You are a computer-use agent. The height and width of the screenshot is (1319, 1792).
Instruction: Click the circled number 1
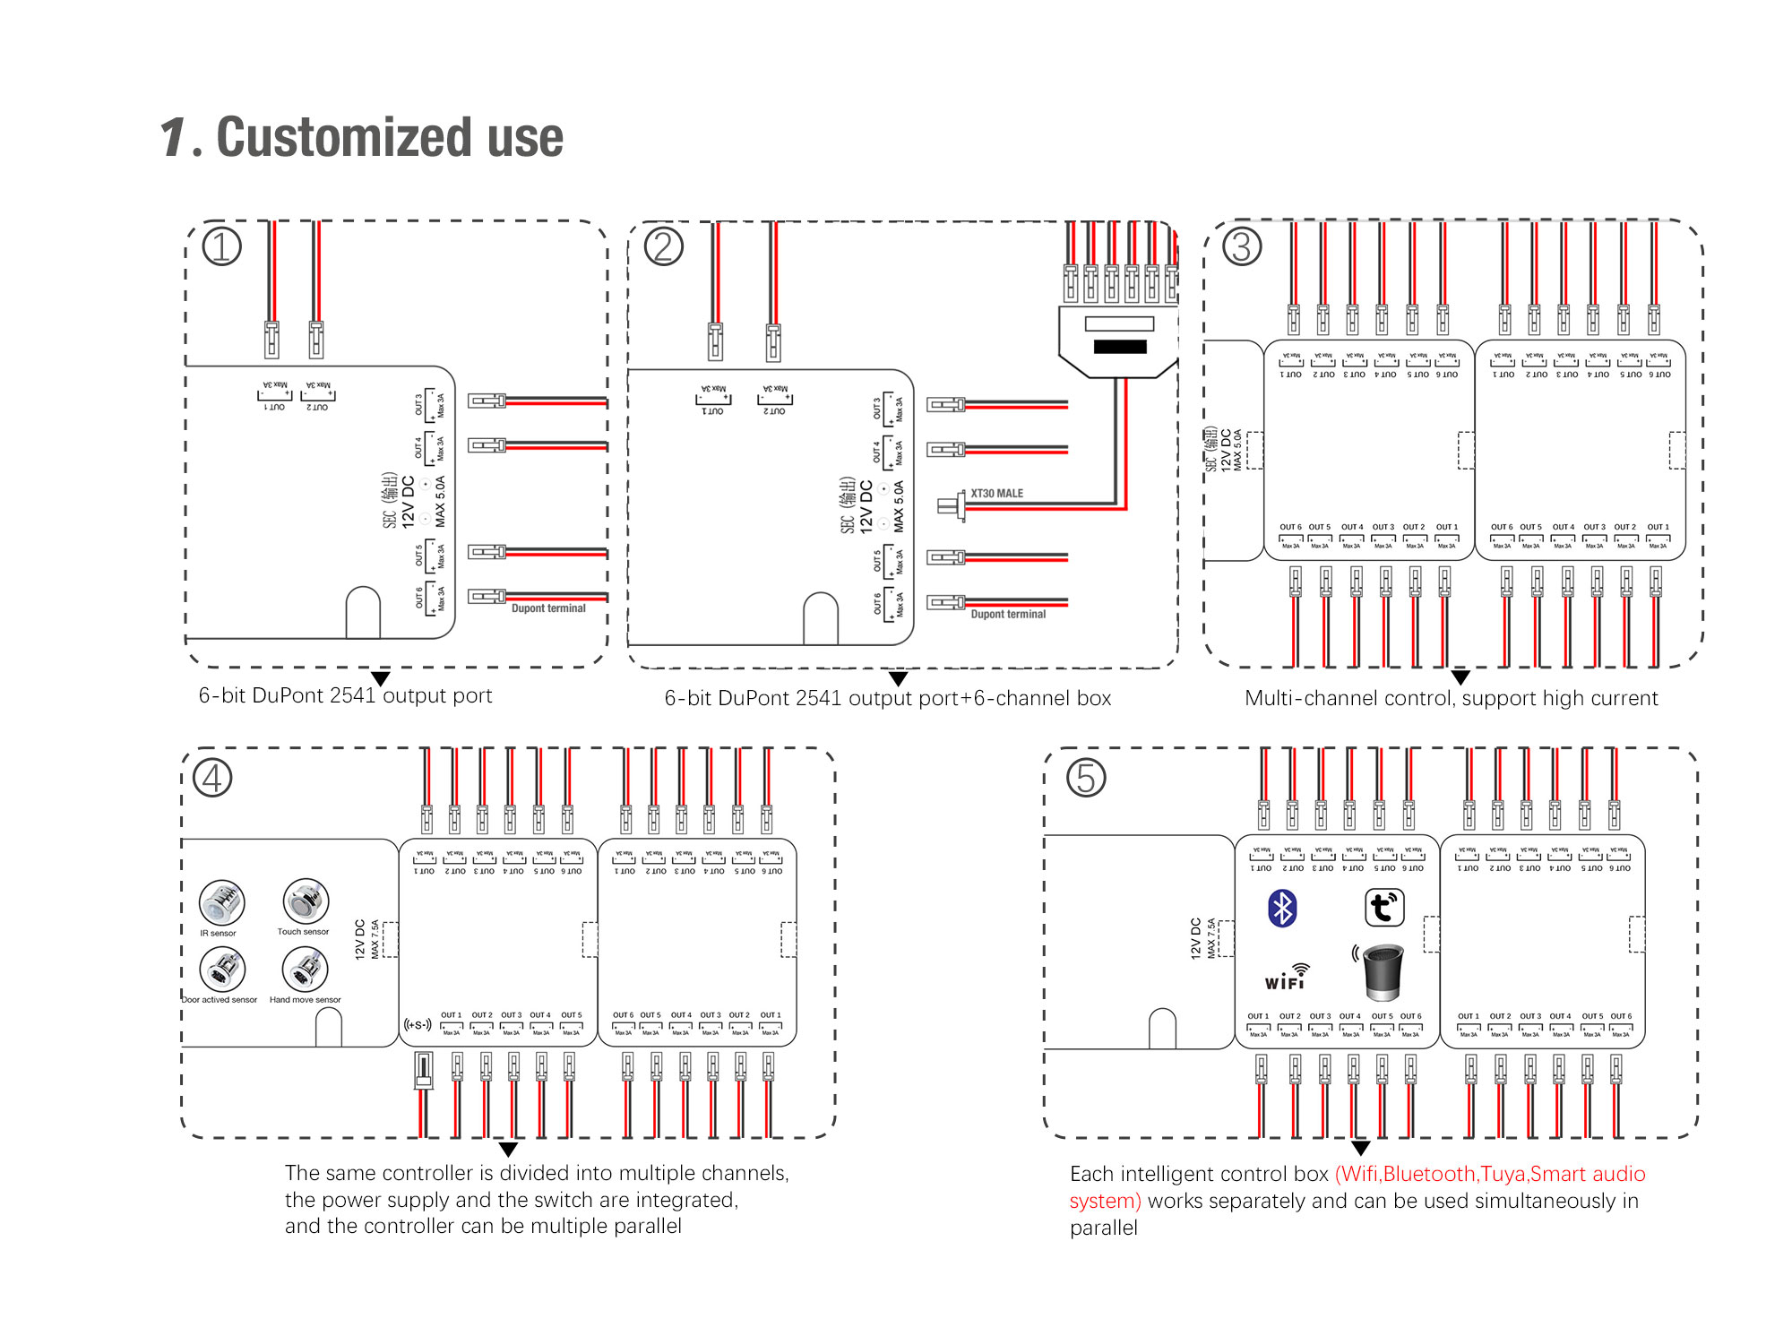(221, 246)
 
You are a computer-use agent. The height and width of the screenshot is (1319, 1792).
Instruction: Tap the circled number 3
(1242, 246)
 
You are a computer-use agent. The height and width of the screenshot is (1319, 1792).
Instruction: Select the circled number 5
(1085, 778)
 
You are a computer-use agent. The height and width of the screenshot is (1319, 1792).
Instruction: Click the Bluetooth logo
(1282, 909)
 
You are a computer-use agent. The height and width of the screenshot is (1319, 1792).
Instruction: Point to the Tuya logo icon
(1383, 908)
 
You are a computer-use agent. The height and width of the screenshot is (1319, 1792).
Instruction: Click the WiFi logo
(1287, 978)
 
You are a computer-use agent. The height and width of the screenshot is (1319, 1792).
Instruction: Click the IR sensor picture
(221, 902)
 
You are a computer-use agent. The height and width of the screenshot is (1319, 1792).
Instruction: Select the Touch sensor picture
(306, 901)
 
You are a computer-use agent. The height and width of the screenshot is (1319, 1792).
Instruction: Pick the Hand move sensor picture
(305, 970)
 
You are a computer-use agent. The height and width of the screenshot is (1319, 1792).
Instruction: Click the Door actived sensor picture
(222, 970)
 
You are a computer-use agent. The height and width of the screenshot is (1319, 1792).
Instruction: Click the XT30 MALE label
(996, 494)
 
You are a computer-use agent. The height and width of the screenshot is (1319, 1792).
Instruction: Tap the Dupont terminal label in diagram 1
(548, 608)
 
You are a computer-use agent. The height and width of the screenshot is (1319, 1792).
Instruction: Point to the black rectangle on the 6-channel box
(1119, 347)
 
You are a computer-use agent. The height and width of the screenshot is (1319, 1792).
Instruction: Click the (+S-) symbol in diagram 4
(418, 1024)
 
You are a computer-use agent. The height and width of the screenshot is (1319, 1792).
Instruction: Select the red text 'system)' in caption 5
(1105, 1201)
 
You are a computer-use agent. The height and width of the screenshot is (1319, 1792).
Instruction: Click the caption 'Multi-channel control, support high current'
(1451, 698)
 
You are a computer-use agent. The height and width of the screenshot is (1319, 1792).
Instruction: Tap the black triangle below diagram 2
(898, 678)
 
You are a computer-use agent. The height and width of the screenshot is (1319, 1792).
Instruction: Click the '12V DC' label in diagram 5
(1195, 938)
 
